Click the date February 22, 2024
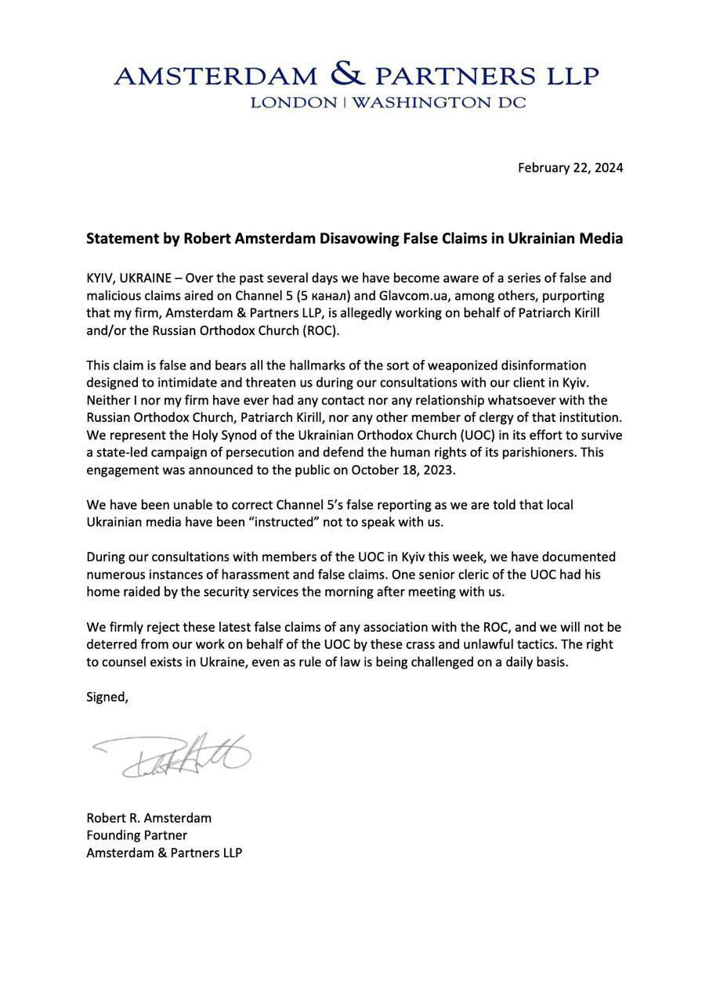[570, 168]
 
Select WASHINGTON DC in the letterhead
[439, 103]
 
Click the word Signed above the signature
[107, 697]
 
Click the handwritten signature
[172, 755]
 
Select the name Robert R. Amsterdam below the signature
[149, 818]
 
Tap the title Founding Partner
[136, 835]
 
